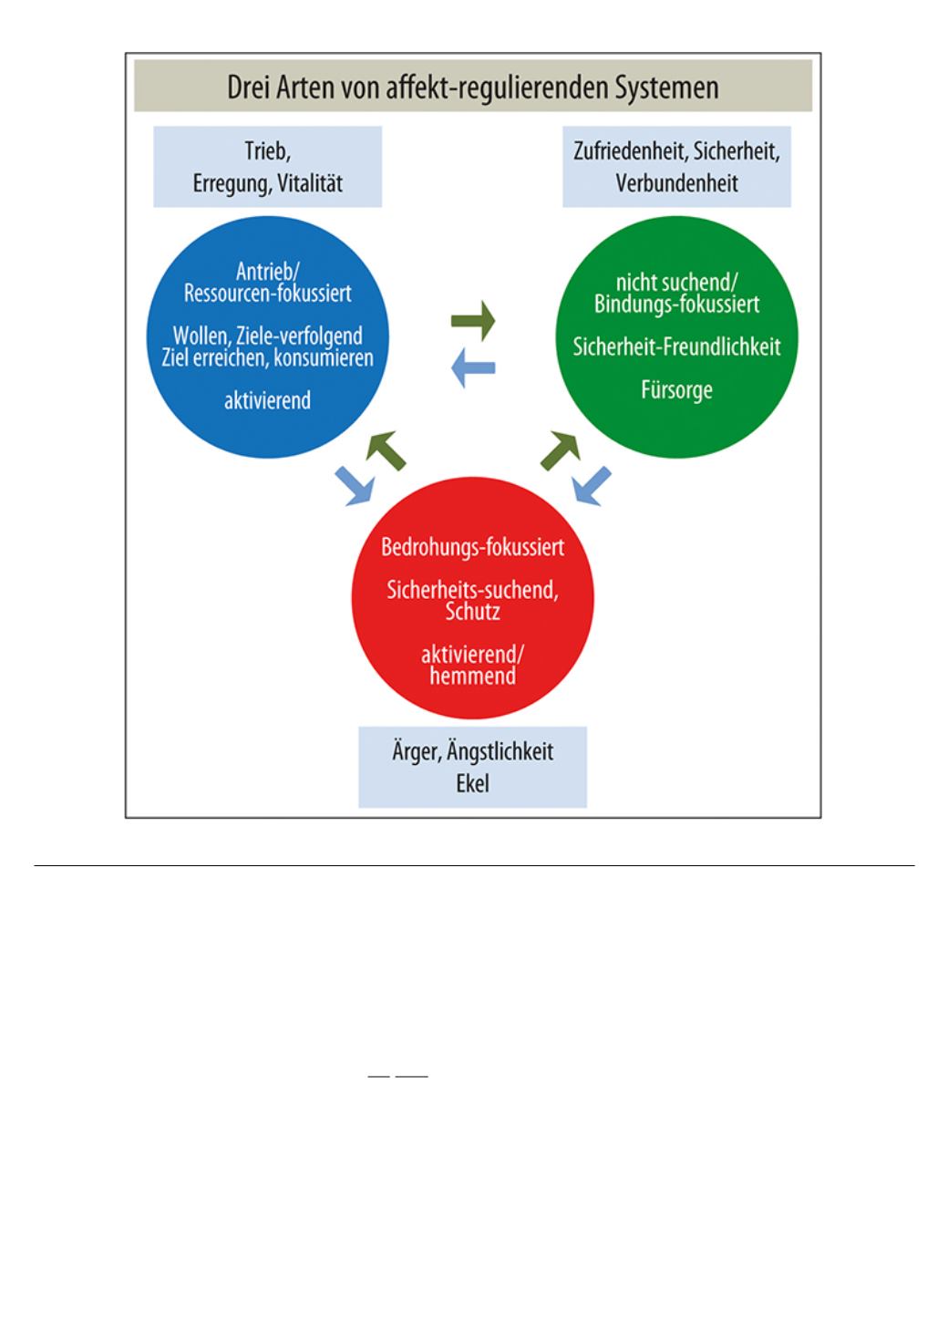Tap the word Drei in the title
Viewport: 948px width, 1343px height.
point(248,87)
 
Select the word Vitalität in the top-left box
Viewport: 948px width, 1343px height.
point(310,183)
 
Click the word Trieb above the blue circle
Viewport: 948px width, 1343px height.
point(268,151)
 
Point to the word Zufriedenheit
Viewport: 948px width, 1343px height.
point(628,151)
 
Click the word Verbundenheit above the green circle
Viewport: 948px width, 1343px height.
point(676,183)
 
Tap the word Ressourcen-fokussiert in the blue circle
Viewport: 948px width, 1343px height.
point(267,294)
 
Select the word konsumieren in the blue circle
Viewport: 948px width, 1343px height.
point(324,358)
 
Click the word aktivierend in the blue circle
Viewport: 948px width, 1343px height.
point(267,400)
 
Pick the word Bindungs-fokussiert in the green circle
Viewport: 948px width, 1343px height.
point(676,304)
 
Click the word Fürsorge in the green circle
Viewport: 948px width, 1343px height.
point(676,389)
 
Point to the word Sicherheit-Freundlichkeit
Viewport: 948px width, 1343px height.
point(676,346)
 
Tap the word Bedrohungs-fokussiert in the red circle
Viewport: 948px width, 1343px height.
point(473,547)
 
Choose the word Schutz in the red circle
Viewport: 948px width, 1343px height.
point(473,612)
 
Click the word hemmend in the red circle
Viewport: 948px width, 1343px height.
point(473,677)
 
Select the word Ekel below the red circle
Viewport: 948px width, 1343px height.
point(473,783)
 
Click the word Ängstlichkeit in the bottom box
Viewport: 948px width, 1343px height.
point(500,752)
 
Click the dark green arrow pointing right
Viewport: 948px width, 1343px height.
point(473,321)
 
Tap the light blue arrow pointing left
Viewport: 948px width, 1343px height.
point(473,368)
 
